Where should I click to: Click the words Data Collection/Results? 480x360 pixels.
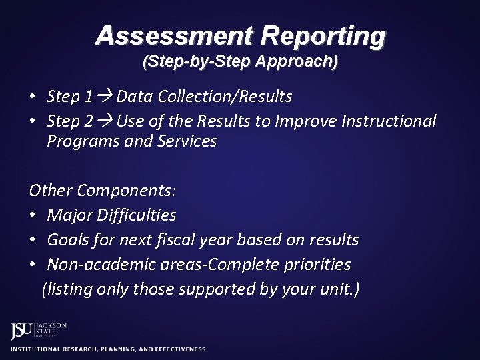coord(204,97)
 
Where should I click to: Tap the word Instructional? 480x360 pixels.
coord(389,121)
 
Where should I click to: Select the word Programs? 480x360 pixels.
coord(80,142)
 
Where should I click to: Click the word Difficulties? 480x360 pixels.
coord(136,215)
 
